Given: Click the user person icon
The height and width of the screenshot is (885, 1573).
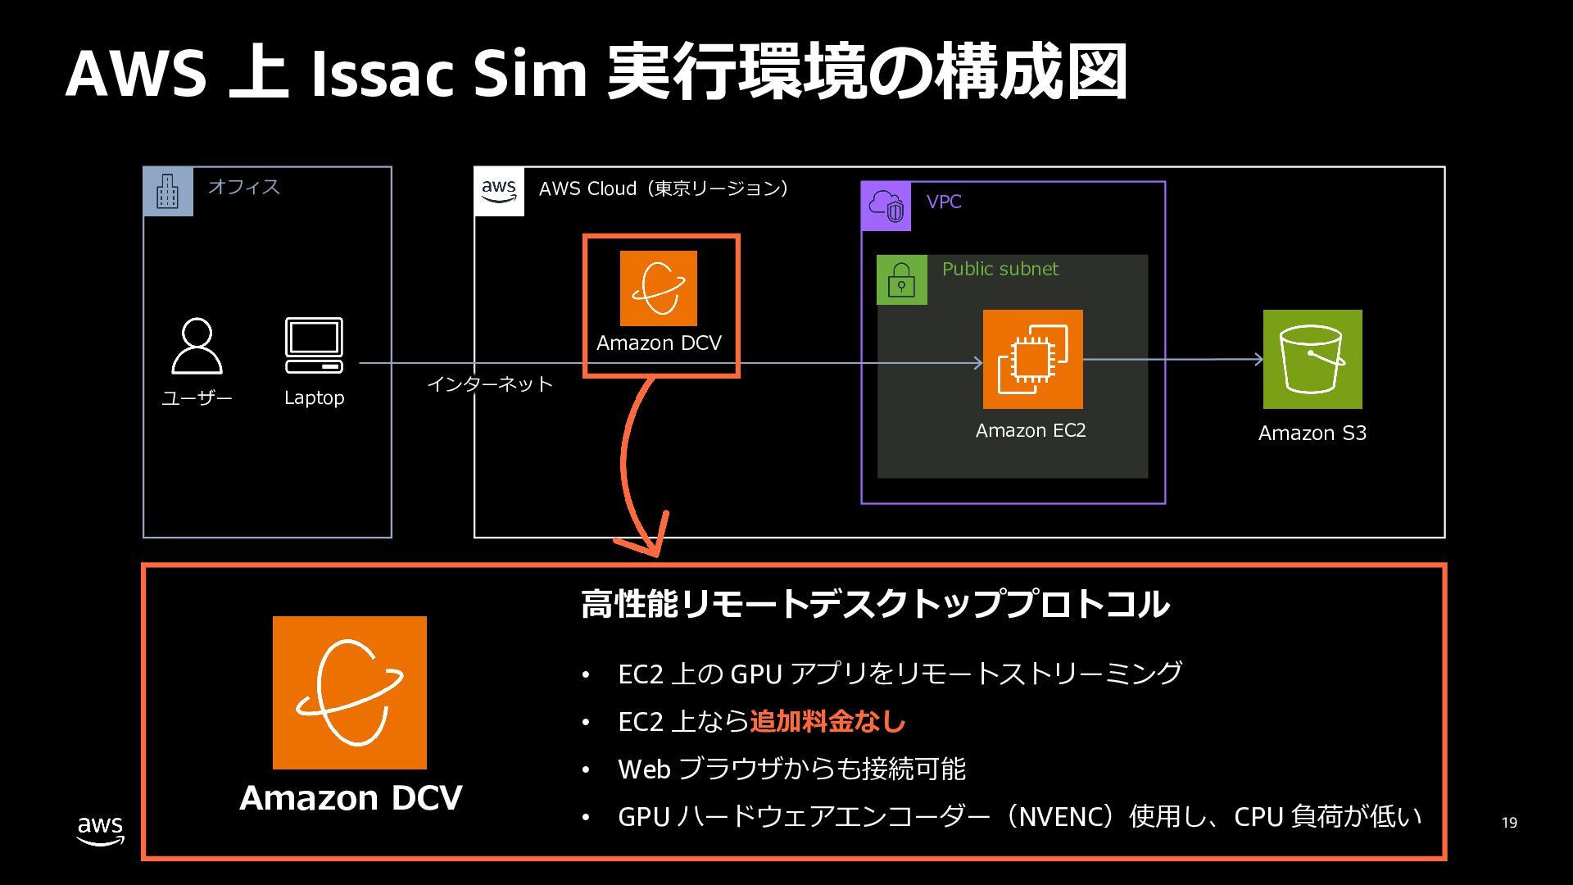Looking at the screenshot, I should pyautogui.click(x=197, y=346).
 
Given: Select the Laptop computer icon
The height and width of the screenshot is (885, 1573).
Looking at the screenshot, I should pyautogui.click(x=314, y=345).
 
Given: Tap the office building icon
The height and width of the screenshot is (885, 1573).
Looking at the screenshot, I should pyautogui.click(x=168, y=192).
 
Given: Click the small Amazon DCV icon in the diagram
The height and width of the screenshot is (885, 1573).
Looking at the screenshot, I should pyautogui.click(x=659, y=288).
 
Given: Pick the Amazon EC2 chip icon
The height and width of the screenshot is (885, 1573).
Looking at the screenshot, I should pyautogui.click(x=1032, y=359).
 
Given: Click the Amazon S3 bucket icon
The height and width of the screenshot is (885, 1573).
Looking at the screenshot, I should pyautogui.click(x=1312, y=359).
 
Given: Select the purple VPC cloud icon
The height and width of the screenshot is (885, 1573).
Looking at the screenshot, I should pyautogui.click(x=886, y=206).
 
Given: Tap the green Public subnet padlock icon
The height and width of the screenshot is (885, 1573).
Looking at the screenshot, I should pyautogui.click(x=902, y=280).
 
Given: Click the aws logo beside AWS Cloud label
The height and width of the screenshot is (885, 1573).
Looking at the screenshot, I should pyautogui.click(x=499, y=192).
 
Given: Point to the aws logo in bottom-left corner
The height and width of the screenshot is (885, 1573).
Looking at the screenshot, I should pyautogui.click(x=101, y=830).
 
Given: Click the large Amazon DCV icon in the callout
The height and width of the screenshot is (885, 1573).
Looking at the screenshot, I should pyautogui.click(x=350, y=692).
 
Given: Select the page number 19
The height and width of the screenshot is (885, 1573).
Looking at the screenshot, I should pyautogui.click(x=1509, y=823).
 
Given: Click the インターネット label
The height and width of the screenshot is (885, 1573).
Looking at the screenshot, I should pyautogui.click(x=490, y=384).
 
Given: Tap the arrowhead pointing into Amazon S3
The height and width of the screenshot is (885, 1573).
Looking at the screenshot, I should pyautogui.click(x=1258, y=359).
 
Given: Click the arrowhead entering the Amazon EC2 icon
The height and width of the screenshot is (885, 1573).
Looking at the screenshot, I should pyautogui.click(x=977, y=363).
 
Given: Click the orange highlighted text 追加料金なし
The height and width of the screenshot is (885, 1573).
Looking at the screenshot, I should pyautogui.click(x=827, y=721).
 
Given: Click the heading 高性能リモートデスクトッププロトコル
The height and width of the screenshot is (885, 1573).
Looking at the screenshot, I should pyautogui.click(x=875, y=605).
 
